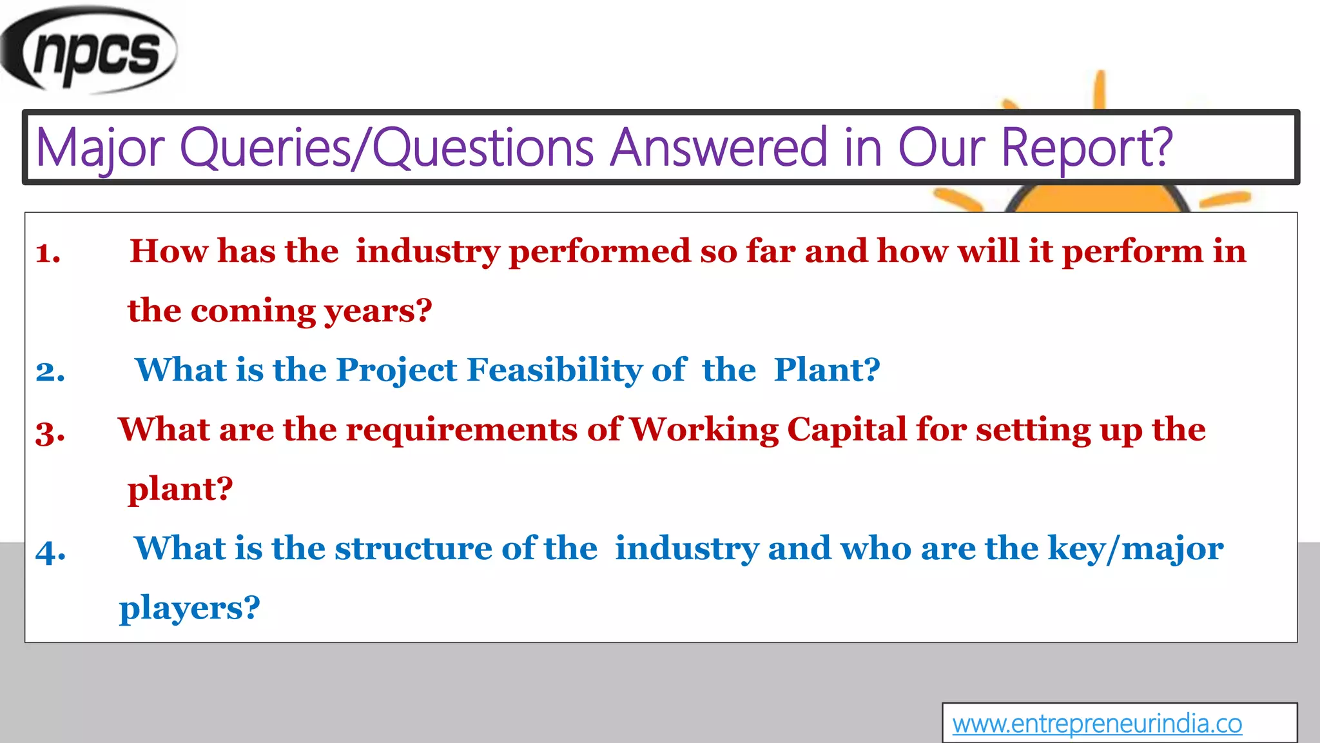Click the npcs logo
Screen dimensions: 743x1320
tap(90, 50)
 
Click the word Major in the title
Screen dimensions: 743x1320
tap(101, 148)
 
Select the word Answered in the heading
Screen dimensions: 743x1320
tap(719, 148)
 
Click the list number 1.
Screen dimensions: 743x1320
tap(48, 253)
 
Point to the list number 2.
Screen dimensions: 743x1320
tap(50, 372)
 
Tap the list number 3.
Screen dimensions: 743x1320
tap(50, 432)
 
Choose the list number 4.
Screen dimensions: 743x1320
tap(50, 551)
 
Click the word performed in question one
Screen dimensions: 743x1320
tap(599, 252)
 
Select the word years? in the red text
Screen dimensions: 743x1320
tap(378, 312)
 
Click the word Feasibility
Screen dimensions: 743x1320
tap(554, 370)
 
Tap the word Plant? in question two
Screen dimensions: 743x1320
tap(827, 370)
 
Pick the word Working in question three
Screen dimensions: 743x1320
tap(704, 430)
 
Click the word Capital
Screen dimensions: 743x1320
tap(847, 430)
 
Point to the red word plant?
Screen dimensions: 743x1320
tap(180, 490)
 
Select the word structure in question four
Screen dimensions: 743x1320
tap(413, 549)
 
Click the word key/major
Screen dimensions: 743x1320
tap(1135, 549)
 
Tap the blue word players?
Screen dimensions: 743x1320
tap(189, 608)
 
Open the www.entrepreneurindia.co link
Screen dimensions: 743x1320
tap(1097, 724)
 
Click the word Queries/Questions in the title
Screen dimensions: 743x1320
tap(387, 148)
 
